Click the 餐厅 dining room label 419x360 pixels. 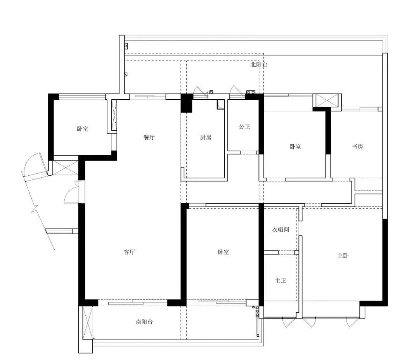pos(149,137)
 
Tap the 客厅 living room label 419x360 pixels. pos(129,252)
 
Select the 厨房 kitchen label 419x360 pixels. pos(206,137)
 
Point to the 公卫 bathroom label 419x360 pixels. pos(244,127)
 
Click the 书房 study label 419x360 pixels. pos(357,147)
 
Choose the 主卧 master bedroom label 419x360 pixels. pos(343,256)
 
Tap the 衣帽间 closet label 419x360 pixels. pos(280,229)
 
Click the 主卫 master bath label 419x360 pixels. pos(280,280)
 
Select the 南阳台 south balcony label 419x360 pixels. pos(144,322)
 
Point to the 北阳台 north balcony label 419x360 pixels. pos(259,64)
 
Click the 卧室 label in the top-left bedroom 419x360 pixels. pos(83,129)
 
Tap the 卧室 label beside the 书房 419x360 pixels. pos(295,147)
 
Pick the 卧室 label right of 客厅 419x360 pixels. pos(223,252)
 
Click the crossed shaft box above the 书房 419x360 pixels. pos(327,100)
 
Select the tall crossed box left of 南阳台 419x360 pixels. pos(88,323)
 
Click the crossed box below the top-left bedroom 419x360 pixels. pos(66,168)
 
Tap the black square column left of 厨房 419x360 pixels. pos(187,103)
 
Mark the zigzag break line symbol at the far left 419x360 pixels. pos(35,208)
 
